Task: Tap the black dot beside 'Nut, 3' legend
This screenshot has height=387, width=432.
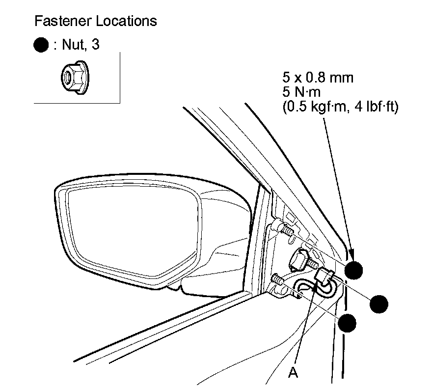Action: tap(41, 46)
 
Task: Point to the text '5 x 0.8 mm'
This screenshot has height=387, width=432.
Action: tap(318, 78)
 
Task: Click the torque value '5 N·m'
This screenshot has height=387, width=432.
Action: tap(300, 93)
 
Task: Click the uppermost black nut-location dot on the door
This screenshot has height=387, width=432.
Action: tap(354, 271)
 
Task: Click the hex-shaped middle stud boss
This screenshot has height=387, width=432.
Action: tap(300, 259)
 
